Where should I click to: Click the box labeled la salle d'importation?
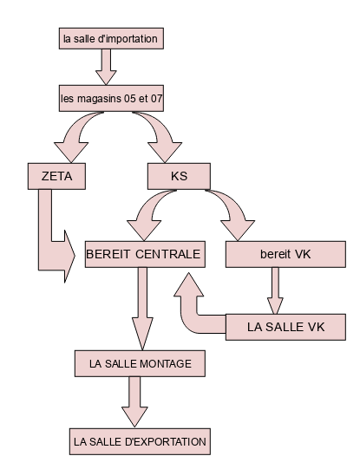pos(111,39)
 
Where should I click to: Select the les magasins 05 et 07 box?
pos(111,99)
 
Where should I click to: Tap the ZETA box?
pos(56,176)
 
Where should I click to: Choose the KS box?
pos(179,176)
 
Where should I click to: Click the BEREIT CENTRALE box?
pos(145,254)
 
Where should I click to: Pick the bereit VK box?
pos(285,254)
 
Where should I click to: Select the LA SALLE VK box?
pos(285,327)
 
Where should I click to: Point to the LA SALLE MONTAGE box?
pos(140,363)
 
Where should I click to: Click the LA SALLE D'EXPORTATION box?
pos(140,441)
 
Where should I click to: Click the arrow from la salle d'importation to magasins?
pos(106,67)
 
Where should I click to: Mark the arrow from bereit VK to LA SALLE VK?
pos(275,290)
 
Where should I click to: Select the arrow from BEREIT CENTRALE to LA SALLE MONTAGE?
pos(142,309)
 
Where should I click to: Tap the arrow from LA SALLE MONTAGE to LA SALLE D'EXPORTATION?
pos(134,401)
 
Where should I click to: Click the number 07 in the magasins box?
pos(156,99)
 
